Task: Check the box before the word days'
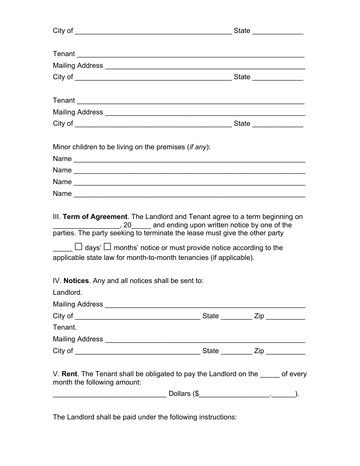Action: (x=78, y=247)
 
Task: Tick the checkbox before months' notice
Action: (x=108, y=247)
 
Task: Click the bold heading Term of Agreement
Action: (x=95, y=217)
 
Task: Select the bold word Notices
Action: (x=76, y=281)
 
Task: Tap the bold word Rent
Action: (x=69, y=374)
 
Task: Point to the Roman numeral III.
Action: (x=56, y=217)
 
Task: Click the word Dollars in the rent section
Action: (x=180, y=394)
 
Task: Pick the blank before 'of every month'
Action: (x=270, y=374)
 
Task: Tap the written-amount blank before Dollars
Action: (x=110, y=394)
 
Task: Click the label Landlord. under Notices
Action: (x=67, y=292)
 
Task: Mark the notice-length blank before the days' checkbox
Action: (x=63, y=248)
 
